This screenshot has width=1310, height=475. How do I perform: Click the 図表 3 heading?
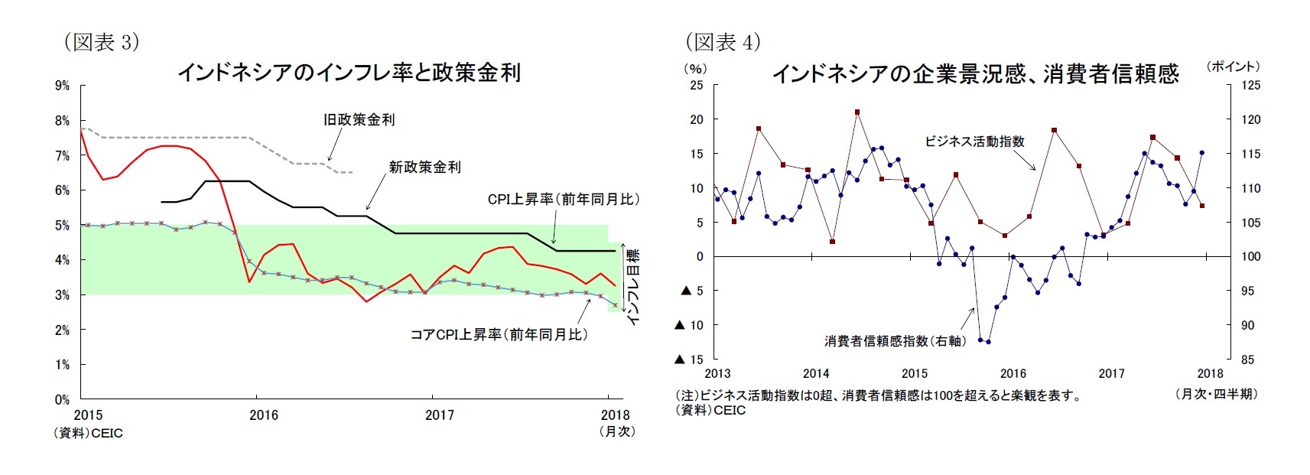pos(102,42)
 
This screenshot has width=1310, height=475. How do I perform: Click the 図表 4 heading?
pos(723,42)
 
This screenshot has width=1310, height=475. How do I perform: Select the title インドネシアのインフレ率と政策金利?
pos(349,73)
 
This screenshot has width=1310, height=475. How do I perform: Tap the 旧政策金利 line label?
pos(359,119)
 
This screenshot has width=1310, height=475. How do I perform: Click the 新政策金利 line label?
pos(424,167)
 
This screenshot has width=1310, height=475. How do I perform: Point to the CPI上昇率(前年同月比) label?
pos(563,200)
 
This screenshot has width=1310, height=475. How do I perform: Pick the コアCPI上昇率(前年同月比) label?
pos(499,334)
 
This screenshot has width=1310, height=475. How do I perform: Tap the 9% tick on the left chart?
pos(62,86)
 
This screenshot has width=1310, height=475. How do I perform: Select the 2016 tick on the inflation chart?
pos(264,415)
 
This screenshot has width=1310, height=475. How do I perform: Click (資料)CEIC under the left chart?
pos(88,433)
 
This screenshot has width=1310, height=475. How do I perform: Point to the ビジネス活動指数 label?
pos(974,142)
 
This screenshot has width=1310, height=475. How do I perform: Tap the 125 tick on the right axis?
pos(1250,86)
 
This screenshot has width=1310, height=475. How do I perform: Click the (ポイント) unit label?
pos(1233,67)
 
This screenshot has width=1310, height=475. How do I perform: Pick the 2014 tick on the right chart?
pos(816,373)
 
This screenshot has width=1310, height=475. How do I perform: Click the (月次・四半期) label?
pos(1216,394)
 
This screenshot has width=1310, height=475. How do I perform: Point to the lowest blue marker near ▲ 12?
pos(989,342)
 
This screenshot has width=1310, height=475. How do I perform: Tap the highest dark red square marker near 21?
pos(857,112)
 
